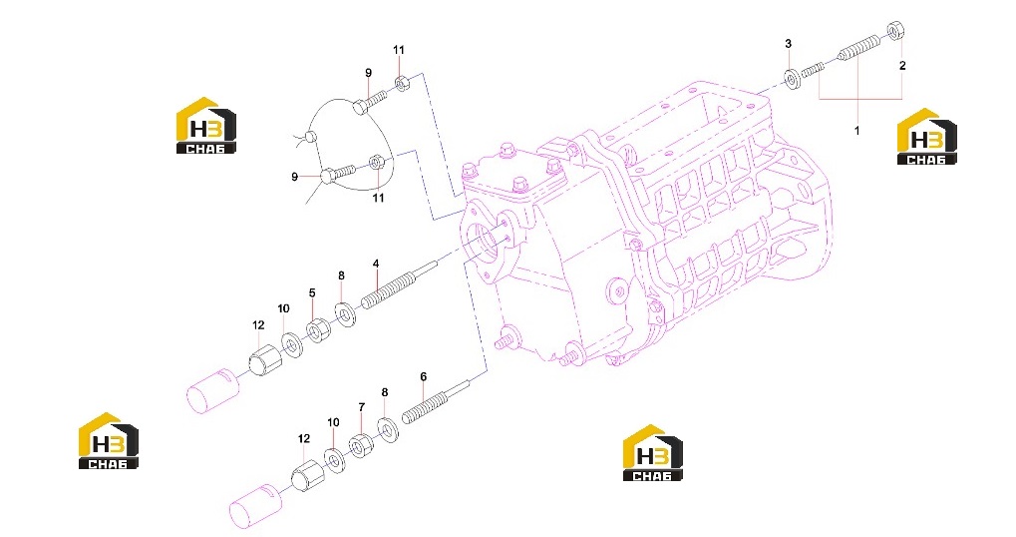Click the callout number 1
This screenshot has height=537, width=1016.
(856, 131)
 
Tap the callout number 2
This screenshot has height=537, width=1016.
(902, 65)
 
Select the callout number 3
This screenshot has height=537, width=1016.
(788, 44)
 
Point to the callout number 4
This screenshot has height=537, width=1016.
(376, 264)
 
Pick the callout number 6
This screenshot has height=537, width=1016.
(423, 377)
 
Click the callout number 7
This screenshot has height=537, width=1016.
(362, 407)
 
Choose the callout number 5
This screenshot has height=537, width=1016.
(312, 293)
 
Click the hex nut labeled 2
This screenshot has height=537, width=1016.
(894, 30)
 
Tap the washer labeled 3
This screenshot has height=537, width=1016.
(791, 79)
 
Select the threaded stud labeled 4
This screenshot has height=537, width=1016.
(398, 284)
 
